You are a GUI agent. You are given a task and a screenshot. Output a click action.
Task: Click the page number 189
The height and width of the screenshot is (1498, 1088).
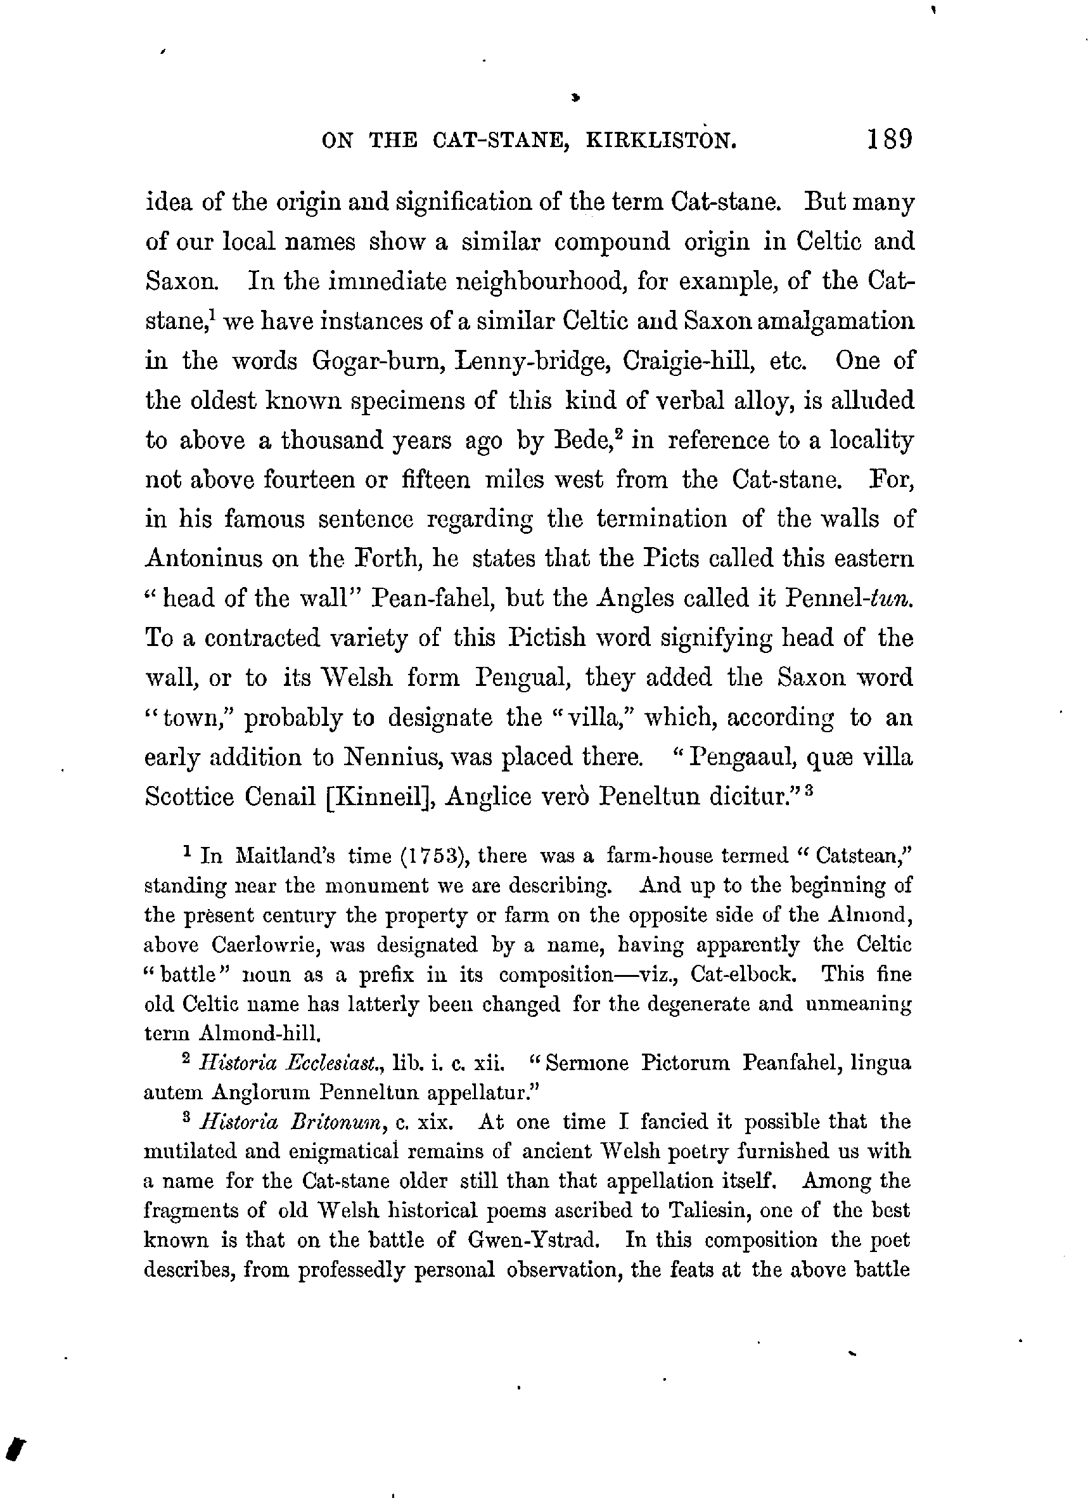click(x=889, y=139)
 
